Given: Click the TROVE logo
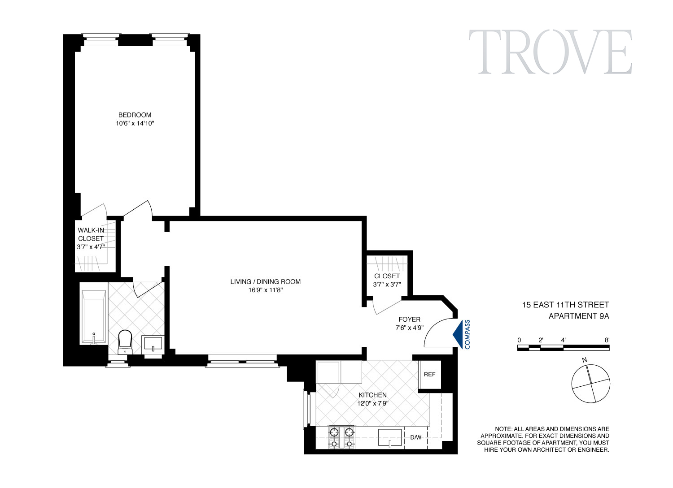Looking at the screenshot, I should [551, 52].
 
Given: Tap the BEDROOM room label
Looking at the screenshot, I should [135, 115].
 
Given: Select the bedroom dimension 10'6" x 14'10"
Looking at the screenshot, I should [135, 124].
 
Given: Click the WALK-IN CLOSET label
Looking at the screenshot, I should [91, 234].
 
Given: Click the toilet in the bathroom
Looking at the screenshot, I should [125, 341].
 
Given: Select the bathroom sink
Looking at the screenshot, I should [153, 345].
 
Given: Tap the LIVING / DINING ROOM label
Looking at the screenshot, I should [265, 282].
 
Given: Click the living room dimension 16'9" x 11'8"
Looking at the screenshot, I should [265, 290].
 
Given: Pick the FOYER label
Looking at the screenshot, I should [409, 320].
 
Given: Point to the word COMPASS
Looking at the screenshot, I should [468, 334].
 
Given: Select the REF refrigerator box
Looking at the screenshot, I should [429, 374].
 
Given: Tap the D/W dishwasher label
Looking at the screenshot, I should [416, 437].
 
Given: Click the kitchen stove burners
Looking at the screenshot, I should [342, 437].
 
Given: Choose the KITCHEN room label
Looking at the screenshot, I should [372, 395].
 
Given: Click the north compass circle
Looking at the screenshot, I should [590, 384].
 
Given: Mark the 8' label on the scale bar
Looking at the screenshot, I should [607, 340].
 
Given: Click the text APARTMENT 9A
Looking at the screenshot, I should [579, 316].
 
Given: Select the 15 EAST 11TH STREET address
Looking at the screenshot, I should [565, 305].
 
